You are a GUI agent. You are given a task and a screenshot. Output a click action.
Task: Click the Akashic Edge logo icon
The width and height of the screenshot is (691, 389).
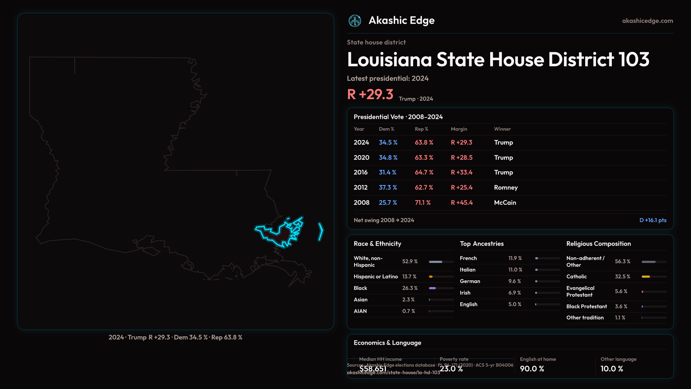tap(355, 21)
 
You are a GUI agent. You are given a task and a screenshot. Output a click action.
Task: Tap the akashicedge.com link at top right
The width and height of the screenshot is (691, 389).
tap(647, 21)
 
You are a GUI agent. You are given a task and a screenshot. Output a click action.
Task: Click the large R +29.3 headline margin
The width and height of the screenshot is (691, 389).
tap(370, 94)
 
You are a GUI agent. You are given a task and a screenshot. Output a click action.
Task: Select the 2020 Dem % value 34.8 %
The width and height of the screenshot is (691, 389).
tap(388, 158)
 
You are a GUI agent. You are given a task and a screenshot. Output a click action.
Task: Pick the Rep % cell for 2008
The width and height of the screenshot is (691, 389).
tap(423, 203)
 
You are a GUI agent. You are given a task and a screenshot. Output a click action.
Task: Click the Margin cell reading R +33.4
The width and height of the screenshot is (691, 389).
tap(461, 173)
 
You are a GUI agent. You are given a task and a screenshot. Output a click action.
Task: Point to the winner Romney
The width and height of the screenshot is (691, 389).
tap(506, 188)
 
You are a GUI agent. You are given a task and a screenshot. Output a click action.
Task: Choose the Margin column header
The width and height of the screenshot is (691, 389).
tap(459, 129)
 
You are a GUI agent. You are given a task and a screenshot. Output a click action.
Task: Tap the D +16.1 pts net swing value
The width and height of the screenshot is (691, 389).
tap(652, 220)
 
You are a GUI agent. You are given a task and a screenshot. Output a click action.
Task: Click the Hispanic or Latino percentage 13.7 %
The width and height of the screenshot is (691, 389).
tap(409, 277)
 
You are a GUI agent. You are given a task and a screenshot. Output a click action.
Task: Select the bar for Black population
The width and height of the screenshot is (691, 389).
tap(433, 288)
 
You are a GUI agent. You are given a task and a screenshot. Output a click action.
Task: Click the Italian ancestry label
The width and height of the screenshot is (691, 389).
tap(468, 270)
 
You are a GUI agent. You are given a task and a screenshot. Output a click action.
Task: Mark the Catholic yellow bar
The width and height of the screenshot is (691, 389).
tap(646, 277)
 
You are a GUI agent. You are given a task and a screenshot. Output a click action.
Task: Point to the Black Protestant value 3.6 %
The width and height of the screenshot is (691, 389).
tap(621, 307)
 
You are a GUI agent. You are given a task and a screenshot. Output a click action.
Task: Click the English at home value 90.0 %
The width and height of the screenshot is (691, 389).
tap(532, 369)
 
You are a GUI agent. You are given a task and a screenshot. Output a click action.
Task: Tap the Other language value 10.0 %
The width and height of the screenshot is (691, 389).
tap(611, 369)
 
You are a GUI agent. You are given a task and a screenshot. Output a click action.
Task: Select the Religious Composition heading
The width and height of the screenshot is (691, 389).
tap(598, 244)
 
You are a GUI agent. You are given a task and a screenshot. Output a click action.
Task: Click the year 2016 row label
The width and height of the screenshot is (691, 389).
tap(360, 173)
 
